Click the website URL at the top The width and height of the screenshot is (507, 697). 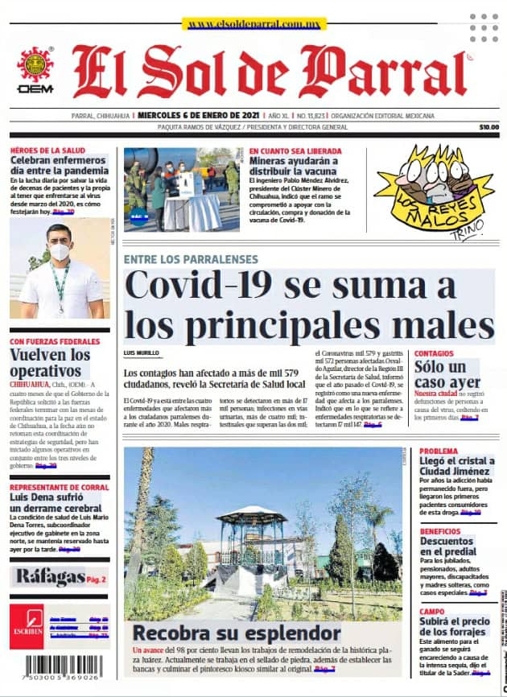point(253,24)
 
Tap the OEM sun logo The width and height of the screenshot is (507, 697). point(35,65)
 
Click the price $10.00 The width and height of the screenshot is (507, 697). point(488,127)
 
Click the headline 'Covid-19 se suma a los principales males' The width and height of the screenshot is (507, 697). point(310,304)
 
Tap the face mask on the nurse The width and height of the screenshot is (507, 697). point(59,251)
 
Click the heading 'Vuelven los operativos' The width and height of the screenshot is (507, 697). point(50,363)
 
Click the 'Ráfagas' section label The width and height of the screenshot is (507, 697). point(50,577)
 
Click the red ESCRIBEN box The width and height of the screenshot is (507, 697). point(27,625)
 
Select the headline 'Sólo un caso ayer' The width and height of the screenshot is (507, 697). point(447,374)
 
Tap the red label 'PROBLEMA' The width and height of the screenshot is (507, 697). point(439,451)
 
